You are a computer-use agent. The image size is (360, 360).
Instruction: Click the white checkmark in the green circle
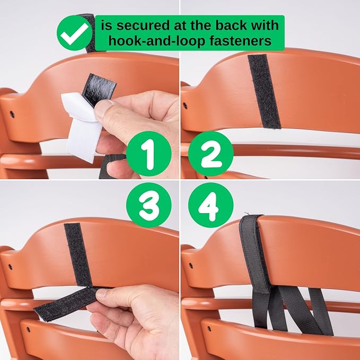(74, 34)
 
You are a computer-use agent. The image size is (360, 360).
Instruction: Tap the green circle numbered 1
(149, 154)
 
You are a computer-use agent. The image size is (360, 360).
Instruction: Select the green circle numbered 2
(211, 154)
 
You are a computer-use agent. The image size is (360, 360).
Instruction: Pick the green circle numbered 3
(149, 205)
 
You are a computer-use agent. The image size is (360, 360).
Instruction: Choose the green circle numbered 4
(211, 205)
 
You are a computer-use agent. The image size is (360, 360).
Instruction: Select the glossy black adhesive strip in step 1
(99, 90)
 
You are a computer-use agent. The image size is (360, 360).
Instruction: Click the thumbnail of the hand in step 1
(103, 108)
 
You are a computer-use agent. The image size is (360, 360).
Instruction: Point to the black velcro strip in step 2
(264, 91)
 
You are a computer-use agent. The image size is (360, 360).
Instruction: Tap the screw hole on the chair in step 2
(185, 106)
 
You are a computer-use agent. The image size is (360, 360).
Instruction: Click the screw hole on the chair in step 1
(12, 114)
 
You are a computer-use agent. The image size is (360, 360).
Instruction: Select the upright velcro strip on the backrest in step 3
(78, 255)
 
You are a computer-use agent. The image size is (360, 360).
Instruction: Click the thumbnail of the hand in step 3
(102, 293)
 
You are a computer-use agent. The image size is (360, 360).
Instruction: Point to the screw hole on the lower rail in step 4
(209, 329)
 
